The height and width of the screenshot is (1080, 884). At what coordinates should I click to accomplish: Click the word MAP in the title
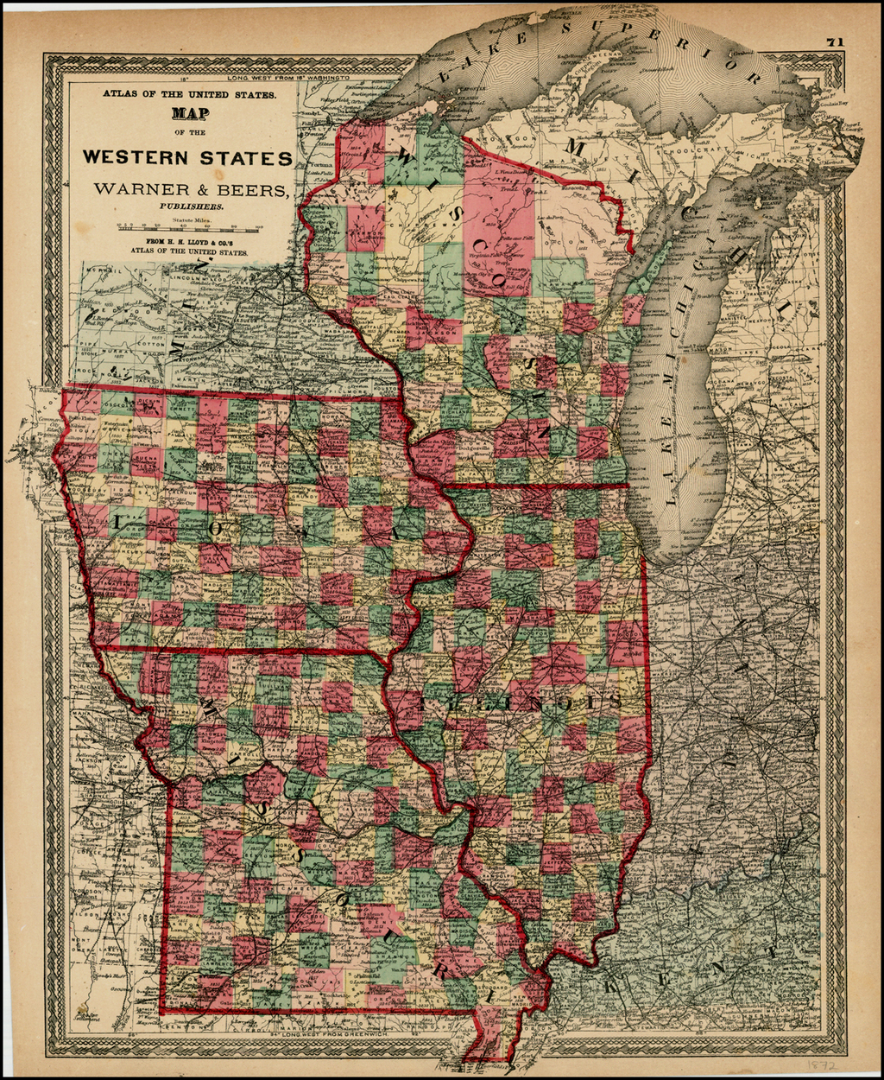191,112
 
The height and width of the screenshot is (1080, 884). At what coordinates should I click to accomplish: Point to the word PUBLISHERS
191,206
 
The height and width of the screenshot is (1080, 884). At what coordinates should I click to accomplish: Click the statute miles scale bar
191,230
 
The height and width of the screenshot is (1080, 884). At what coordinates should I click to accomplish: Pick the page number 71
834,41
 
